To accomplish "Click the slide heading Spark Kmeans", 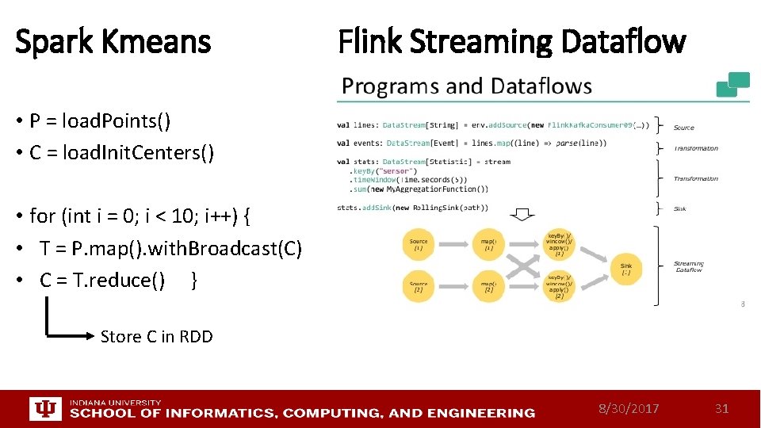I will coord(113,41).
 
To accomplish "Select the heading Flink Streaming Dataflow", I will coord(511,41).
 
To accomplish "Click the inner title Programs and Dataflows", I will coord(467,86).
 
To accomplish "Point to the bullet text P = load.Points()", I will coord(100,121).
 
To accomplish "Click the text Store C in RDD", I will coord(157,336).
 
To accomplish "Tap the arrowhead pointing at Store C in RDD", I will coord(90,336).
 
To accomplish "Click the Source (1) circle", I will coord(419,245).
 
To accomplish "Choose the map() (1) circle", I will coord(489,245).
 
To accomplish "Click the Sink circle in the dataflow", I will coord(625,269).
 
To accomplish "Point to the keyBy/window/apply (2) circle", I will coord(559,286).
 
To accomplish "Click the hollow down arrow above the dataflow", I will coord(521,216).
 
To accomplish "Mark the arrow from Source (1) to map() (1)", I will coord(453,245).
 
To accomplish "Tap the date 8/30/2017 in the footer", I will coord(629,408).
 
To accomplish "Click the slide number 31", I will coord(721,408).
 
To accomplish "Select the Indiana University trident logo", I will coord(44,408).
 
